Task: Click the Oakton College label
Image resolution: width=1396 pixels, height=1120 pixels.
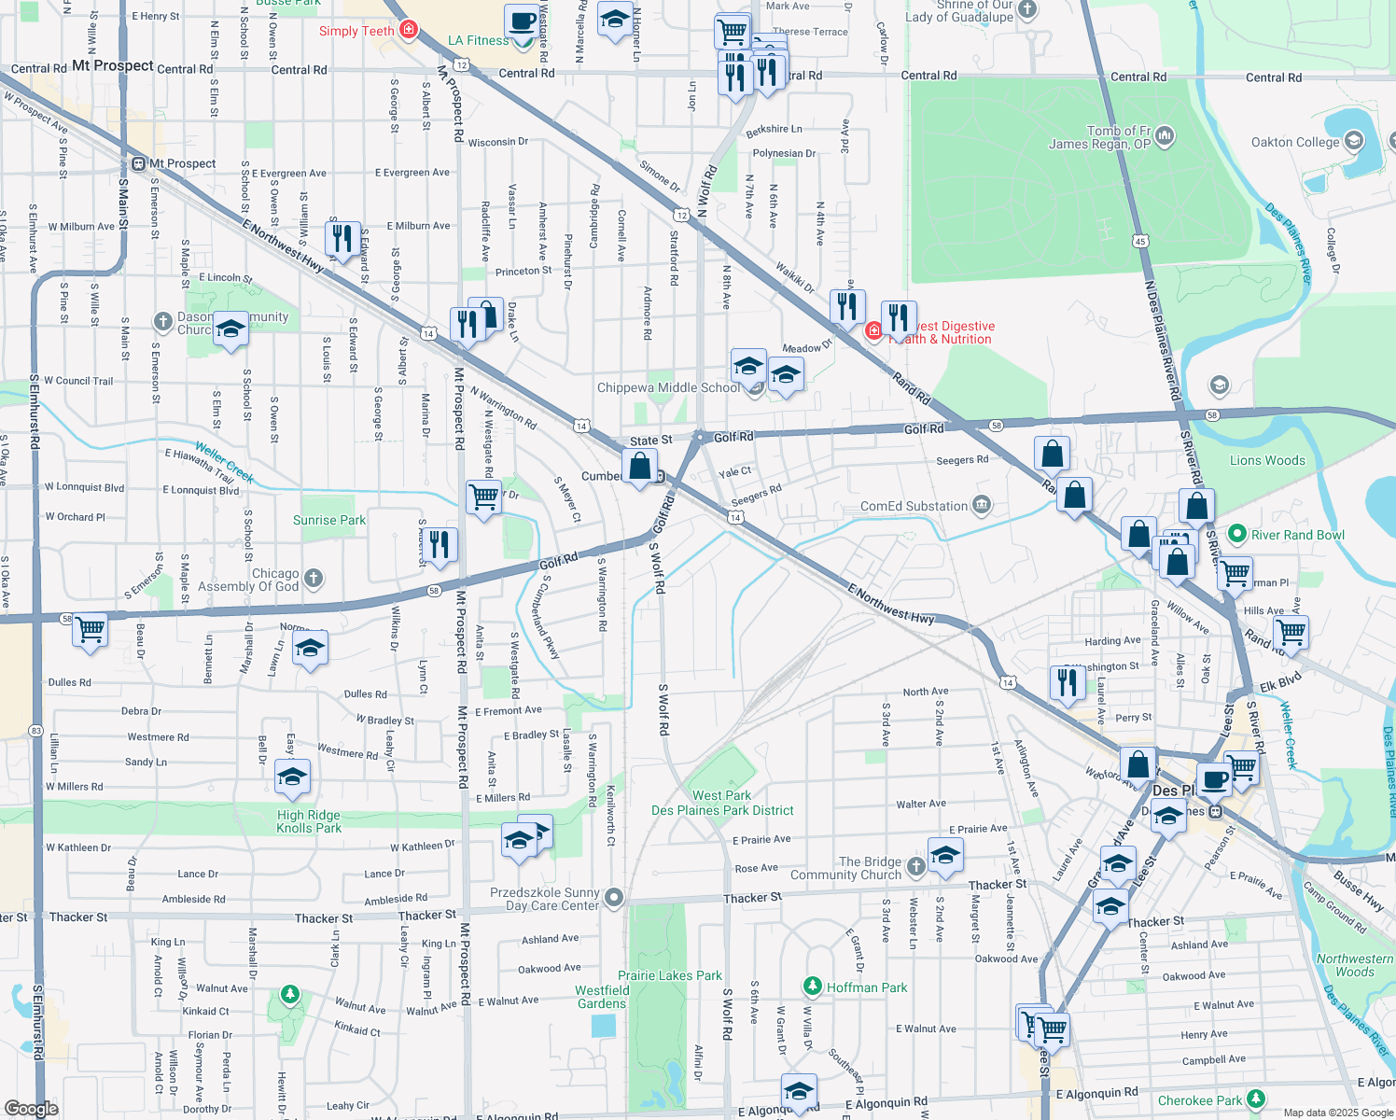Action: click(1294, 143)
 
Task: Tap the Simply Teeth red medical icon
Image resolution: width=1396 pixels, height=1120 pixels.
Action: click(408, 31)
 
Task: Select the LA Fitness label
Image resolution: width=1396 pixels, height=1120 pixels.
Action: click(478, 40)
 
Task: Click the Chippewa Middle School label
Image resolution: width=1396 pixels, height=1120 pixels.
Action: click(668, 388)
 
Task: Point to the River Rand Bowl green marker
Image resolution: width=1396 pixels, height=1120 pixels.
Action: click(1237, 534)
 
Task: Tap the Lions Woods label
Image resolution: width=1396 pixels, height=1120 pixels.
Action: click(1267, 460)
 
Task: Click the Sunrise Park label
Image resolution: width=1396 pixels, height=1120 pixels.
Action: click(329, 520)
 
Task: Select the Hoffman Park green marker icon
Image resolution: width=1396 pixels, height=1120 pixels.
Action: click(813, 987)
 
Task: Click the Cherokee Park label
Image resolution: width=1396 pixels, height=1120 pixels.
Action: click(1200, 1100)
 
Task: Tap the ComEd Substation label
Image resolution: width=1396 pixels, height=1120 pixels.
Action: click(914, 506)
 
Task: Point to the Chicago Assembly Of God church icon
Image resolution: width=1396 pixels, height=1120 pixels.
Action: click(314, 579)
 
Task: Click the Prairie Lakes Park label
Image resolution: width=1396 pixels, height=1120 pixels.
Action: click(670, 975)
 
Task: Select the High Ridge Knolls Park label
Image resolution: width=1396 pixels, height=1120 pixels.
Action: click(309, 821)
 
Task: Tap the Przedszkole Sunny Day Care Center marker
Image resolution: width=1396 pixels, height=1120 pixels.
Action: click(613, 898)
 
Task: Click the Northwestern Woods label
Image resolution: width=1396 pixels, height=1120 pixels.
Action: click(1354, 965)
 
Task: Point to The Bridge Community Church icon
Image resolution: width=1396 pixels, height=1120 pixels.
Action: click(916, 867)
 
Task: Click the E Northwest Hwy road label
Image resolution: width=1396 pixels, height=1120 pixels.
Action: click(890, 604)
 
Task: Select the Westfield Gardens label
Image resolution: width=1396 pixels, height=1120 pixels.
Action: click(602, 997)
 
